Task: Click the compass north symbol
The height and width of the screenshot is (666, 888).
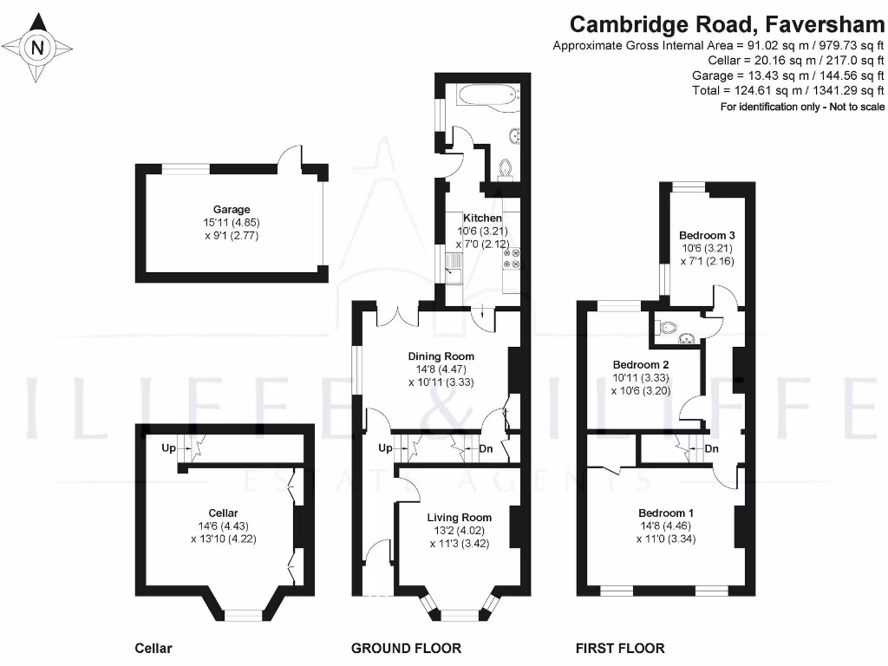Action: coord(37,48)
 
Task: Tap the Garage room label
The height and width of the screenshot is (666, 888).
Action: coord(232,209)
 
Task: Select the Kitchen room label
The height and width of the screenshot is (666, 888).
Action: coord(481,218)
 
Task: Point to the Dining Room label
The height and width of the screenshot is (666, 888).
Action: coord(441,356)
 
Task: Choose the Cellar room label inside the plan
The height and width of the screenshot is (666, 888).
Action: coord(223,513)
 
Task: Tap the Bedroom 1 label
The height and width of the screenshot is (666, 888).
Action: coord(666,513)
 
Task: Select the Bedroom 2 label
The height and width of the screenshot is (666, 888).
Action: coord(641,365)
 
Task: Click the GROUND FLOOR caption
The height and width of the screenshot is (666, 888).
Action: coord(406,648)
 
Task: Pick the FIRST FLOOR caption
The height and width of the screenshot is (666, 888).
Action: coord(620,648)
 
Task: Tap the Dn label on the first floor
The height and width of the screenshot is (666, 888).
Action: coord(712,449)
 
